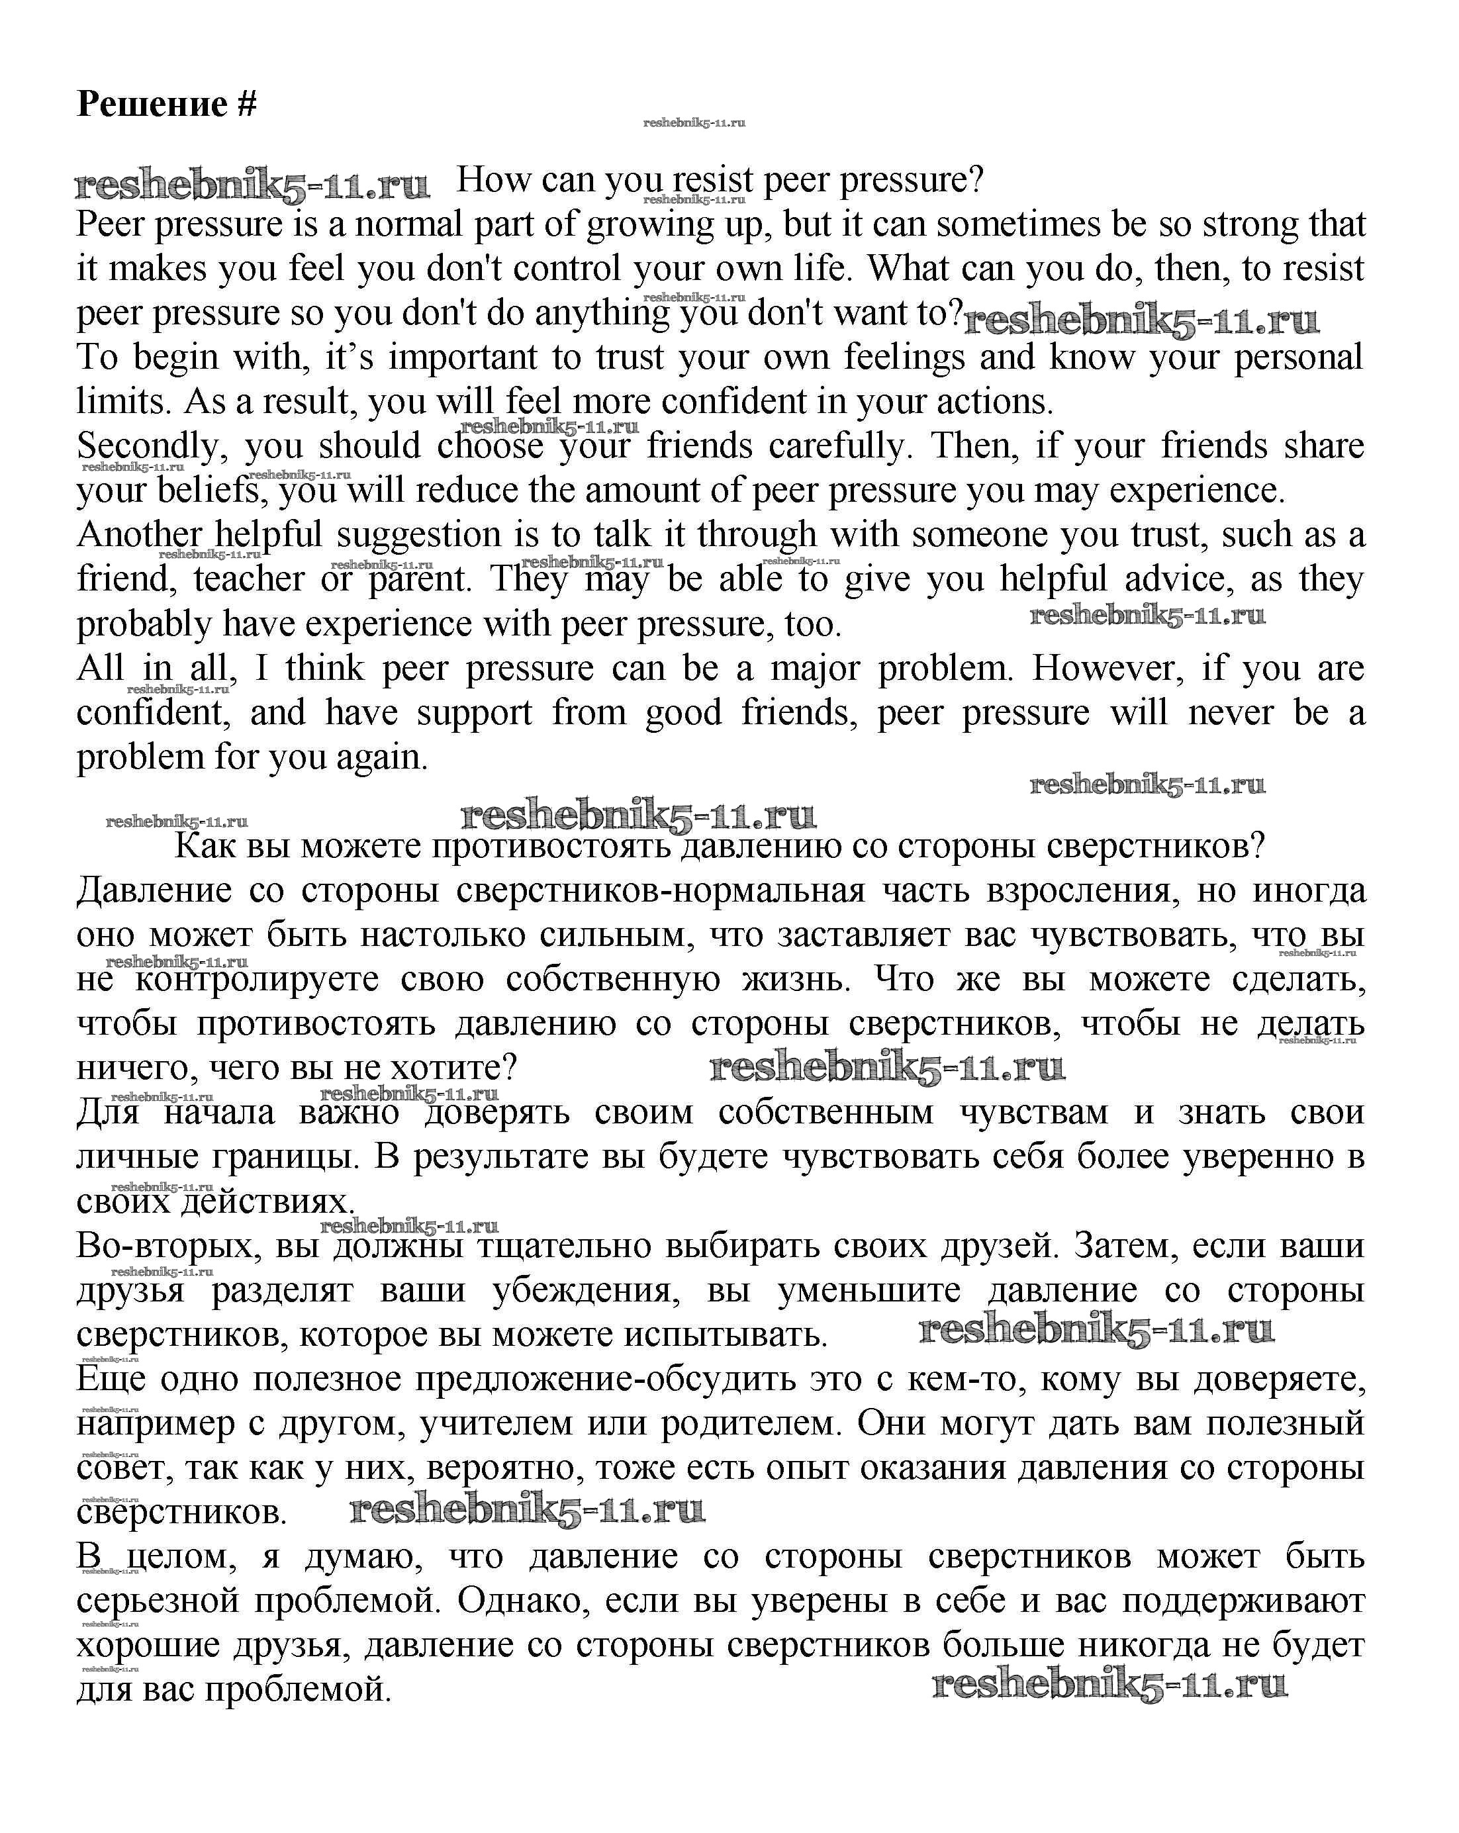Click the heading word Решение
pos(152,105)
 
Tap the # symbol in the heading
pos(246,105)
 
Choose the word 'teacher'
pos(248,580)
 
